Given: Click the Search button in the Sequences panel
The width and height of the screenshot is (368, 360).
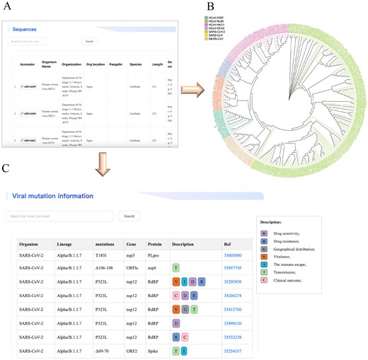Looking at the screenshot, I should [x=88, y=42].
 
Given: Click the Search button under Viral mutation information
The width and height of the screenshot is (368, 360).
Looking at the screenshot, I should [x=129, y=216].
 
